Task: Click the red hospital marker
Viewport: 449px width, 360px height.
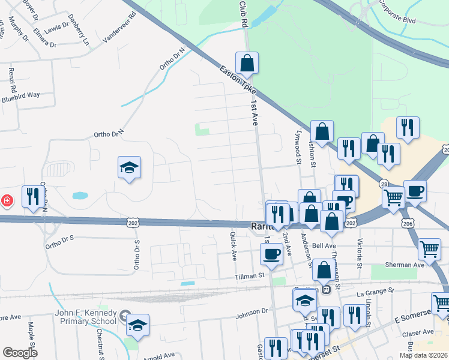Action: [x=7, y=200]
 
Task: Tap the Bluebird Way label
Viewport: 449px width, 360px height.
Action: [x=20, y=95]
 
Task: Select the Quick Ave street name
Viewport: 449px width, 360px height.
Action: [x=233, y=247]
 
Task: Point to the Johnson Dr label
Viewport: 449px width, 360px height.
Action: [x=252, y=311]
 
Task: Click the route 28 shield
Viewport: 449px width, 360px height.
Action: [x=382, y=182]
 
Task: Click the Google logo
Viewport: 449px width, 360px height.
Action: [x=20, y=352]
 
